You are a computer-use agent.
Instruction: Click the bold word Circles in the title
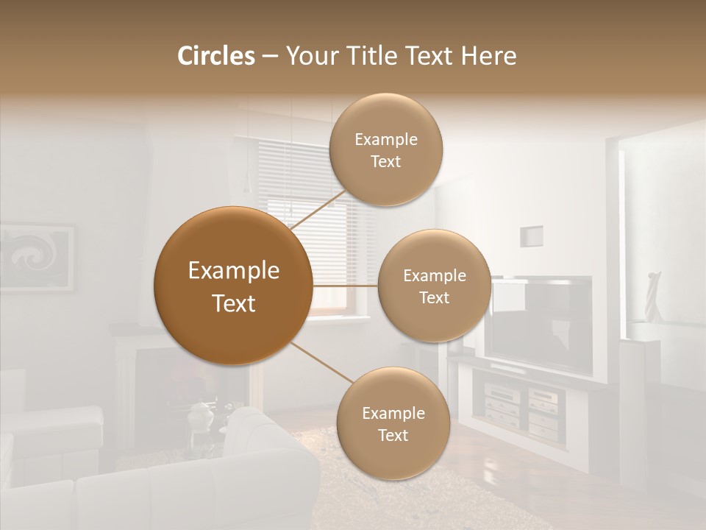(215, 56)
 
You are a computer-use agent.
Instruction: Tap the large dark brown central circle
(233, 286)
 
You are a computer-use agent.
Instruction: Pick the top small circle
(385, 149)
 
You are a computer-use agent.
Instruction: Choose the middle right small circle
(434, 286)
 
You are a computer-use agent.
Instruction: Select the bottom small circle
(393, 423)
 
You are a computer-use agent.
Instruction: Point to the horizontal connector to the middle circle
(345, 286)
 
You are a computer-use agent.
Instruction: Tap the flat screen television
(542, 324)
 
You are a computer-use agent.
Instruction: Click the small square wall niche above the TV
(531, 236)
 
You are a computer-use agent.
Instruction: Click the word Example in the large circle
(233, 271)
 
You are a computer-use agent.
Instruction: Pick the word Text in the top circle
(385, 161)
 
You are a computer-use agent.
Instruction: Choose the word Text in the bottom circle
(393, 435)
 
